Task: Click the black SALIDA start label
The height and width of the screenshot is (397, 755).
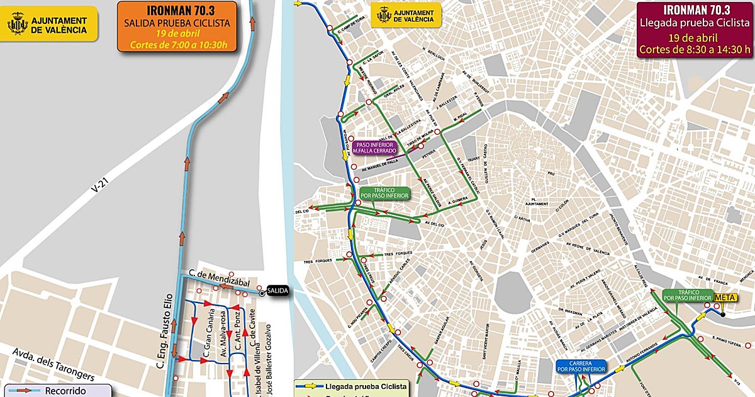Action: click(277, 291)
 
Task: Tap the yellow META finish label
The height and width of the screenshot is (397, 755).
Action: click(725, 297)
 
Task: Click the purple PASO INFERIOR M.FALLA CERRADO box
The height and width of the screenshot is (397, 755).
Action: click(374, 148)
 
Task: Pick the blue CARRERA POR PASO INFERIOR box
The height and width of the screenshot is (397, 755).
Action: click(580, 367)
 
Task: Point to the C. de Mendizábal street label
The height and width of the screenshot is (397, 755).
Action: click(215, 282)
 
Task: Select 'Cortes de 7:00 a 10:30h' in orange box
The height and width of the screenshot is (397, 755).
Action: click(176, 45)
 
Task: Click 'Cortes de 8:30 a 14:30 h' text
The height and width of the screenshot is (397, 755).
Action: click(694, 49)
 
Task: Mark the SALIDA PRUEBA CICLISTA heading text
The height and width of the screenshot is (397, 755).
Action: click(176, 23)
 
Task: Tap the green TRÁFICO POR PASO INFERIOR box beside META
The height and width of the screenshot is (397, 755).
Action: click(686, 294)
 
